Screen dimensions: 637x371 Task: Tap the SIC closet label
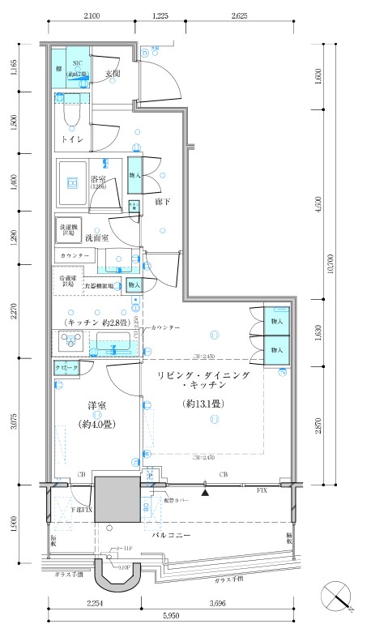(79, 62)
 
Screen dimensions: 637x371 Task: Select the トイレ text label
(75, 139)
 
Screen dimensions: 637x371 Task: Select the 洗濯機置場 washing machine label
(67, 230)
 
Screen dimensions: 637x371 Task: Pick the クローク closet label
(67, 368)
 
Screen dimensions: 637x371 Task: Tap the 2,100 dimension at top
(91, 16)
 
